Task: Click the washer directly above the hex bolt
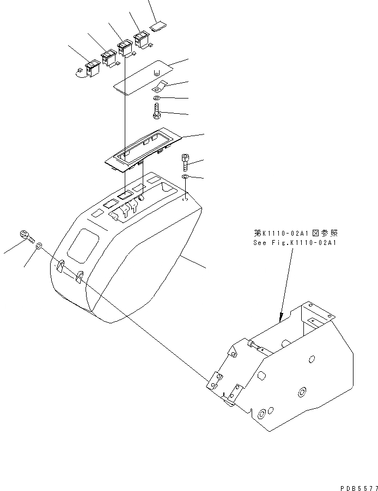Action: pos(156,99)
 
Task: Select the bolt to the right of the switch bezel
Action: pos(186,161)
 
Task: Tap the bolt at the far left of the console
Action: pos(26,235)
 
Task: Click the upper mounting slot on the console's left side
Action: pos(60,265)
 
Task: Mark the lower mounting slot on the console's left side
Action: pos(78,277)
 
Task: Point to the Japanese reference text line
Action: pos(295,233)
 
